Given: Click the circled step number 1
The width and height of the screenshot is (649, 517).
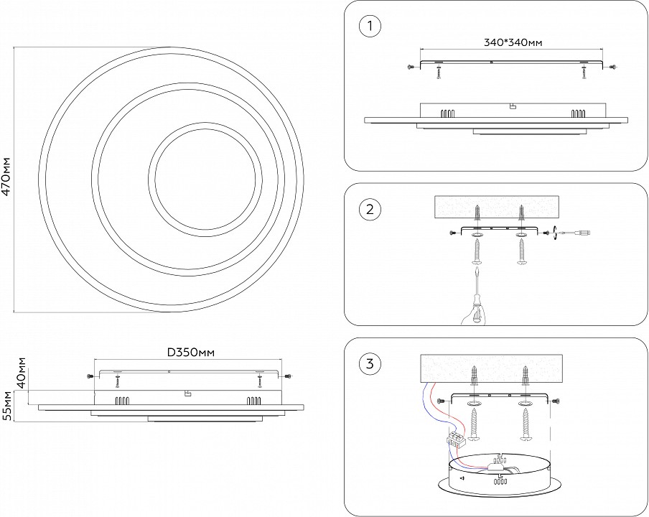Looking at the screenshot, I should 369,27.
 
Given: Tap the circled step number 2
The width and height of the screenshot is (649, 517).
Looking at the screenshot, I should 369,210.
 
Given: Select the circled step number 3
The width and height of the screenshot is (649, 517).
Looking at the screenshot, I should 369,364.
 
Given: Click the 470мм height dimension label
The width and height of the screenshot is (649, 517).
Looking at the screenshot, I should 6,177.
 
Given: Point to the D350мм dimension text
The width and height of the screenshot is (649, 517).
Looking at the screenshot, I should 192,353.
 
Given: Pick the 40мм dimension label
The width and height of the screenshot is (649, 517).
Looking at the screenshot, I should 22,372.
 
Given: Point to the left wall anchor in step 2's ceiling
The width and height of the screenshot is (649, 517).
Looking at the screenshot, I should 477,213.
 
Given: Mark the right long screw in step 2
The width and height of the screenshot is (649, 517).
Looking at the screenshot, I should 521,253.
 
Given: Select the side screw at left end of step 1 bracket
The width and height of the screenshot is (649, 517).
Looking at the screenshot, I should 410,66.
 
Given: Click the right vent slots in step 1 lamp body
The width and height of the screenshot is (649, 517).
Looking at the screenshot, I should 577,113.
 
